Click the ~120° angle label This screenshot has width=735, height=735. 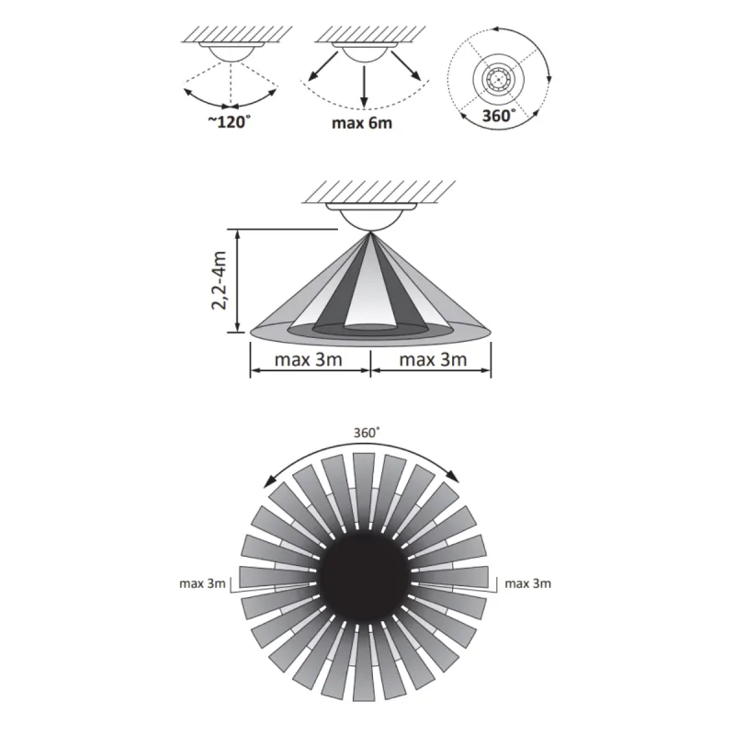click(230, 122)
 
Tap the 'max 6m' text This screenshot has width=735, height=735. click(362, 123)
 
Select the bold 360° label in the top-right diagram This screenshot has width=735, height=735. click(499, 116)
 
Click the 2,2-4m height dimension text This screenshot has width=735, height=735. click(219, 280)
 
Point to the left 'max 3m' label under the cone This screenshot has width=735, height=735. click(308, 359)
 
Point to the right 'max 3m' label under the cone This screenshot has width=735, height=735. click(433, 359)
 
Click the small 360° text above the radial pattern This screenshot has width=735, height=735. click(367, 433)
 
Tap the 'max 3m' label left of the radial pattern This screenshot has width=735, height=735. click(202, 583)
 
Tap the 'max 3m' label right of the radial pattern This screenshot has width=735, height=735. click(527, 583)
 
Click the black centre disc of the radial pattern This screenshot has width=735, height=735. click(364, 577)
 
